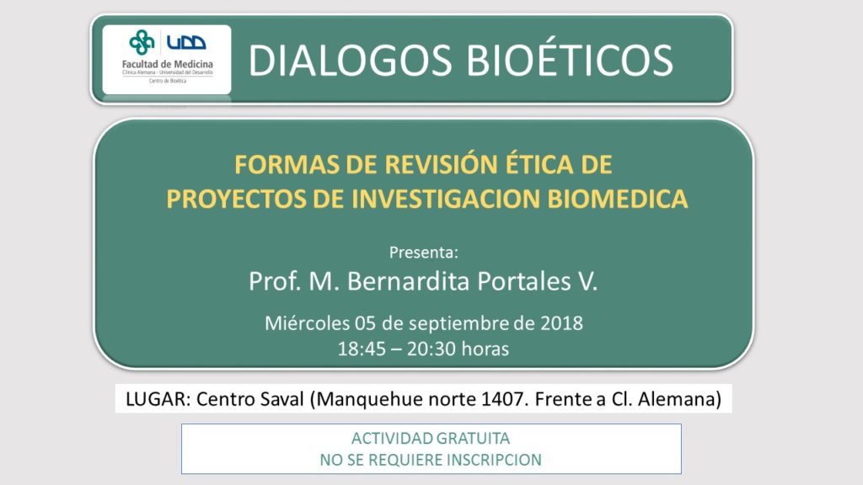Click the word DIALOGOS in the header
(350, 60)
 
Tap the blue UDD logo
(186, 42)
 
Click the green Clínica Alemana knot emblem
(142, 42)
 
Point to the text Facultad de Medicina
(168, 64)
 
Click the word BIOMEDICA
(618, 199)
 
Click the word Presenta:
(423, 253)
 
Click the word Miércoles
(307, 322)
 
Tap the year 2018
(560, 322)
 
